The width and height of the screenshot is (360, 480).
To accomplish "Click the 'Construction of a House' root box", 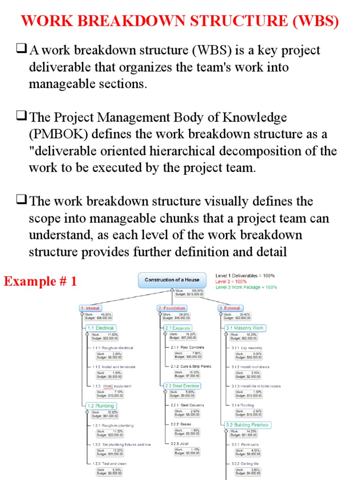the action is pyautogui.click(x=172, y=280).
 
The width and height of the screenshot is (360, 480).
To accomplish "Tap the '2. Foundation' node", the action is pyautogui.click(x=172, y=308).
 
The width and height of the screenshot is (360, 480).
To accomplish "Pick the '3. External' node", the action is pyautogui.click(x=230, y=308).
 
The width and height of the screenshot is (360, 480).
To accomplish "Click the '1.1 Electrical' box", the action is pyautogui.click(x=100, y=328).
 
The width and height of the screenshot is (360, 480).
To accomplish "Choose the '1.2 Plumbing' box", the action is pyautogui.click(x=100, y=406).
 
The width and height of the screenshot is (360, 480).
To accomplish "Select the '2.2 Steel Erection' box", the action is pyautogui.click(x=182, y=386).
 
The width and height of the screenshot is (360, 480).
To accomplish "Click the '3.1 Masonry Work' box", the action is pyautogui.click(x=245, y=328).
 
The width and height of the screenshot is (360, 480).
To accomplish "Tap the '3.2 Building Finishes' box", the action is pyautogui.click(x=247, y=425).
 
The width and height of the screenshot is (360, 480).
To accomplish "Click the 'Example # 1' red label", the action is pyautogui.click(x=40, y=282).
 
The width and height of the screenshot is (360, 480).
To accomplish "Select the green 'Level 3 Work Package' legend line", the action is pyautogui.click(x=246, y=287).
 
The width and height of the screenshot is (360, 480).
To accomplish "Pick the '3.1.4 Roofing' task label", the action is pyautogui.click(x=243, y=405).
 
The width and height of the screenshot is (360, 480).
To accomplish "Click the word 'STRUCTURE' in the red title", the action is pyautogui.click(x=217, y=22).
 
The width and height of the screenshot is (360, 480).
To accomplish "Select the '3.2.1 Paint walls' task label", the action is pyautogui.click(x=245, y=444).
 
